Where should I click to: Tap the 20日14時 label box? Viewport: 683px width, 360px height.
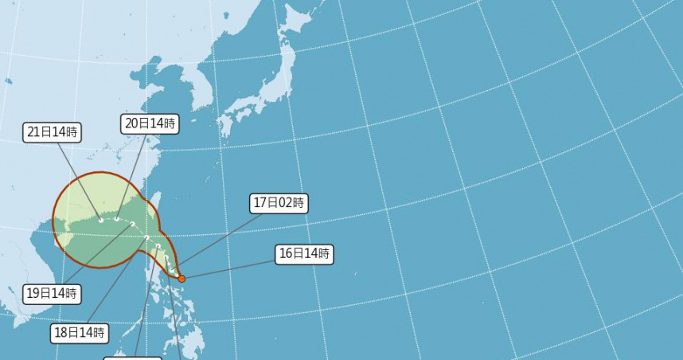[x=150, y=123]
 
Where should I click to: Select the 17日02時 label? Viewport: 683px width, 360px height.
[x=279, y=203]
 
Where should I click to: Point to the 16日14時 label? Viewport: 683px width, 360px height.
[x=303, y=254]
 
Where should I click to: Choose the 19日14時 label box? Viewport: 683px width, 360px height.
[x=52, y=294]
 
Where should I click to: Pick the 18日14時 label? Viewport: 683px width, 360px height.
[x=80, y=332]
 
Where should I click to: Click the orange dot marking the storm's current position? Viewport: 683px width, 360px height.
[x=181, y=279]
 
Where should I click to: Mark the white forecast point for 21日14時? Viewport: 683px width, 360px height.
[x=101, y=219]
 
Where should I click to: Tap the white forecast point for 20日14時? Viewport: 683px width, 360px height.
[x=117, y=218]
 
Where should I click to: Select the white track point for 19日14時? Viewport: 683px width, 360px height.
[x=133, y=225]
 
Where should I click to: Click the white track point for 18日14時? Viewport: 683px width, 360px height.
[x=147, y=237]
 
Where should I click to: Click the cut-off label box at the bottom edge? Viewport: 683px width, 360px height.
[x=133, y=358]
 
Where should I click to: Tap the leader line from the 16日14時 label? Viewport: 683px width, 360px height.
[x=231, y=267]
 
